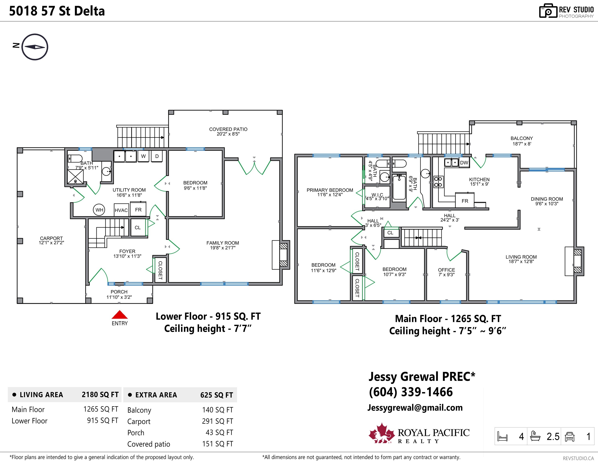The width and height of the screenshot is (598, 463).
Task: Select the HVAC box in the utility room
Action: (x=121, y=210)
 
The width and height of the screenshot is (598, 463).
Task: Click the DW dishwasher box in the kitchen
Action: (x=464, y=163)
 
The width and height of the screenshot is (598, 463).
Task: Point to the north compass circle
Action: (x=35, y=47)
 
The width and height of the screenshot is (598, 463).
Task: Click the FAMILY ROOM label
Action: (x=223, y=243)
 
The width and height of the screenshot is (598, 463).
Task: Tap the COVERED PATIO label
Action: (x=228, y=129)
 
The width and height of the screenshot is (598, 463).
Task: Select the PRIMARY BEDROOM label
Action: (x=330, y=190)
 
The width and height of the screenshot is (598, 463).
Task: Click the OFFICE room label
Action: (x=446, y=270)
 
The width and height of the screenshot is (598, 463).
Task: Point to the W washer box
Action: (x=143, y=156)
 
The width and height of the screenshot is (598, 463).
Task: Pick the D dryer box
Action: (x=157, y=156)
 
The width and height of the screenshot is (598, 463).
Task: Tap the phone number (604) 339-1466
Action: (x=411, y=392)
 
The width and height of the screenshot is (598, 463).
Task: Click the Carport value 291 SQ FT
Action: (x=217, y=421)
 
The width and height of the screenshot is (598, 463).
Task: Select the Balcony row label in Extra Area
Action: (x=139, y=410)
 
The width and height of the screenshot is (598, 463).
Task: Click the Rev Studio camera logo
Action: (x=548, y=11)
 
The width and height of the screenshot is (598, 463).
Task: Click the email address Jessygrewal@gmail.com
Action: (x=415, y=408)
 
